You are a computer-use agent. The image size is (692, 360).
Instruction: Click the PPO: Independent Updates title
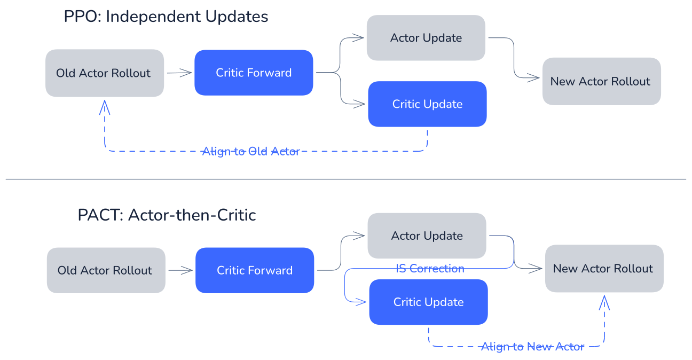coord(166,17)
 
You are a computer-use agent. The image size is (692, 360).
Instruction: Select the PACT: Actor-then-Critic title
coord(167,215)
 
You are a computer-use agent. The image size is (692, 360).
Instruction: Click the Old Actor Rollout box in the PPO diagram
coord(105,73)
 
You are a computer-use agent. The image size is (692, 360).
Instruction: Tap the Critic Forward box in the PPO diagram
coord(254,73)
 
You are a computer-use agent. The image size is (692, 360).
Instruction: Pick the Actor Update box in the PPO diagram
coord(426,38)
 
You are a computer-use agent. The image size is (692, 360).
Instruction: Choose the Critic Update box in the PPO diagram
coord(428,104)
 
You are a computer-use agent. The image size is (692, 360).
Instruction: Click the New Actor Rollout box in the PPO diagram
coord(602,81)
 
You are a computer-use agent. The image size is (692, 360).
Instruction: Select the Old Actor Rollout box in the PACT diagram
coord(106,270)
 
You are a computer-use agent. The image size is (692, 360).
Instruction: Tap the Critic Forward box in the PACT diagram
coord(255,270)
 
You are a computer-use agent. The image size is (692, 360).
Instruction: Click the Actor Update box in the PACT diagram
coord(427,236)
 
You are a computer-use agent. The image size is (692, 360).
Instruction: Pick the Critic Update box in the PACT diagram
coord(428,302)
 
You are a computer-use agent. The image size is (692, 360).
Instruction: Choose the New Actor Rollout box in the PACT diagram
coord(604,269)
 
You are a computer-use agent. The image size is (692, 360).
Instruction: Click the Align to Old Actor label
coord(251,151)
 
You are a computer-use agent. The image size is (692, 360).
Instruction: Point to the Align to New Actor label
coord(532,347)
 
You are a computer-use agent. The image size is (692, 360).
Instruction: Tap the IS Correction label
coord(430,269)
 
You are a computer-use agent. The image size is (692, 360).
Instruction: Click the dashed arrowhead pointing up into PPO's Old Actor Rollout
coord(105,107)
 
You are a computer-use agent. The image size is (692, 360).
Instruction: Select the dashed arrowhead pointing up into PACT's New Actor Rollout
coord(604,303)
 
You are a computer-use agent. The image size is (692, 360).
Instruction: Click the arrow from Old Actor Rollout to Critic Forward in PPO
coord(179,73)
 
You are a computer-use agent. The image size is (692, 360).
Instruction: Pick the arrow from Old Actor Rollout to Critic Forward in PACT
coord(180,270)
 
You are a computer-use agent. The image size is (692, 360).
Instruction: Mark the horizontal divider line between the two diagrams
coord(345,179)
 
